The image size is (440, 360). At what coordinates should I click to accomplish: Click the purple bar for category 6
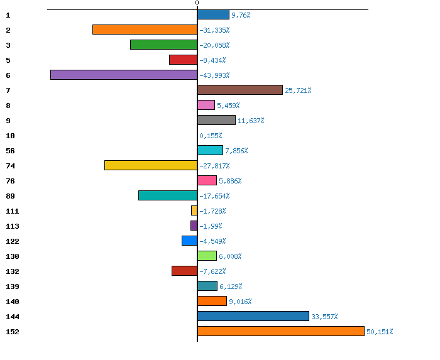click(x=124, y=75)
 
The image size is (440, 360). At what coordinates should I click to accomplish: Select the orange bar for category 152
click(x=281, y=331)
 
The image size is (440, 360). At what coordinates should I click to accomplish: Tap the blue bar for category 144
click(x=253, y=316)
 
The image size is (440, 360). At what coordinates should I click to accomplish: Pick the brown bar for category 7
click(x=240, y=90)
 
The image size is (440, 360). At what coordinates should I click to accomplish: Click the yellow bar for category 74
click(x=151, y=165)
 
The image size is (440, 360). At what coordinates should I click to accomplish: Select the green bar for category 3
click(x=163, y=45)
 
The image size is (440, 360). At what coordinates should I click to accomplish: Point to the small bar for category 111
click(x=194, y=210)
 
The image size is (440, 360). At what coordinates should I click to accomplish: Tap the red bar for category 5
click(x=183, y=60)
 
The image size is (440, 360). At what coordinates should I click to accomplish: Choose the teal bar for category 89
click(x=168, y=195)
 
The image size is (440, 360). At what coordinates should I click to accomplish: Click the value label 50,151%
click(x=380, y=332)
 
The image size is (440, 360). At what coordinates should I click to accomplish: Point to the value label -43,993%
click(x=214, y=75)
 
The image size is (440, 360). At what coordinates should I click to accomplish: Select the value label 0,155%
click(x=211, y=136)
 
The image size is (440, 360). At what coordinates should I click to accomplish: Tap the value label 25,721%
click(x=298, y=90)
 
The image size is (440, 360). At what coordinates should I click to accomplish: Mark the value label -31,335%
click(x=214, y=30)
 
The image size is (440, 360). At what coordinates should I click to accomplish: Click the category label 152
click(x=13, y=332)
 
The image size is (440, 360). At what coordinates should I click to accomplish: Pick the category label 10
click(x=10, y=136)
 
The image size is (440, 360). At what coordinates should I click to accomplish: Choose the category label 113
click(x=13, y=226)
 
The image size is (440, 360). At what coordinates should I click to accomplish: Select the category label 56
click(x=10, y=151)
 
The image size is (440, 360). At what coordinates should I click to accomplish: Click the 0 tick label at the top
click(x=197, y=3)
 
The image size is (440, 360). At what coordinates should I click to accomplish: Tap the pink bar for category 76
click(x=207, y=180)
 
